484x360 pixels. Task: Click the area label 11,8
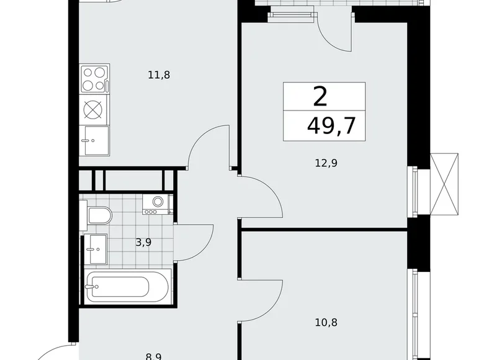coord(159,75)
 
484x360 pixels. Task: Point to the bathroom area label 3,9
coord(144,242)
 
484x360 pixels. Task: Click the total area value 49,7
coord(331,127)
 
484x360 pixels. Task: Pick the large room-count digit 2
coord(320,97)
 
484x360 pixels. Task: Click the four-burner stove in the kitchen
coord(94,79)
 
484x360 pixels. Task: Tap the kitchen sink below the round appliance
coord(94,140)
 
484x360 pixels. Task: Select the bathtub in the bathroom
coord(127,287)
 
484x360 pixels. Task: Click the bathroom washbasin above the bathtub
coord(97,250)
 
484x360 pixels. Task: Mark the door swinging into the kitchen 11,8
coord(208,146)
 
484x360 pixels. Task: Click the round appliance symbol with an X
coord(93,110)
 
